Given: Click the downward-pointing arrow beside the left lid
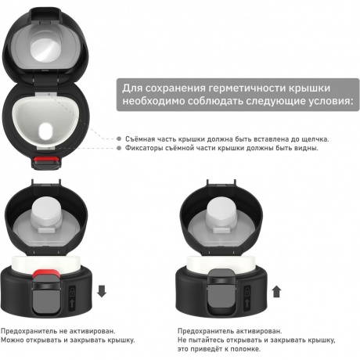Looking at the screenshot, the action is (102, 291).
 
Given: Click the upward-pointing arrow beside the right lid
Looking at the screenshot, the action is (276, 291).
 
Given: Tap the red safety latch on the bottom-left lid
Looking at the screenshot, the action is (45, 273).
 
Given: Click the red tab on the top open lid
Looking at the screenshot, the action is (46, 159).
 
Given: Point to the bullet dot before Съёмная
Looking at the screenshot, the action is (119, 139).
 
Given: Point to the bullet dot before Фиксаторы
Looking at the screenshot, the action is (119, 148).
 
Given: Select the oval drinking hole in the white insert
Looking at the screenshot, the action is (45, 131).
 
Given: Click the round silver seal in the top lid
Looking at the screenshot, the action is (46, 50).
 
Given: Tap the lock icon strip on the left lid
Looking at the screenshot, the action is (72, 298).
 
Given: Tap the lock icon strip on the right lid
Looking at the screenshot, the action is (247, 298).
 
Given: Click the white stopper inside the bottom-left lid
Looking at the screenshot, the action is (47, 213).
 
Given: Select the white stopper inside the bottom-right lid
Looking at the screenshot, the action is (222, 213).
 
